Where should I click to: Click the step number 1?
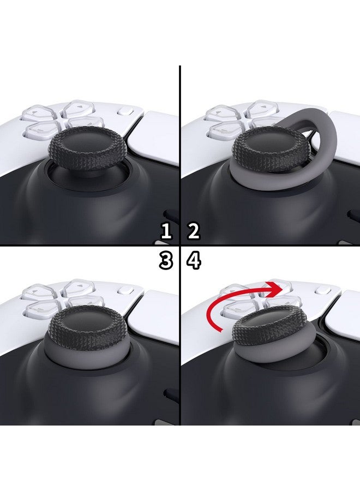[166, 231]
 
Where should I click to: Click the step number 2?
[194, 231]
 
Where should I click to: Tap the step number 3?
[166, 261]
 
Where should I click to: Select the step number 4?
[194, 261]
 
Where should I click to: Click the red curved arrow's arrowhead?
[275, 288]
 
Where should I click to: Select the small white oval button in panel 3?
[125, 293]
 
